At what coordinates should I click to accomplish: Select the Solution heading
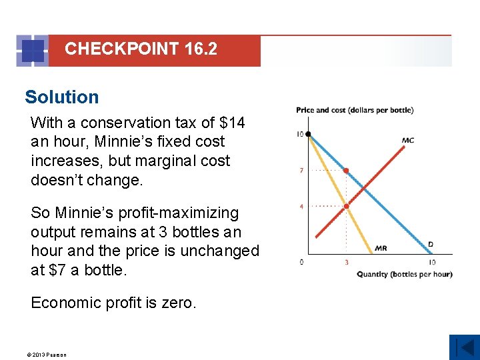pos(61,97)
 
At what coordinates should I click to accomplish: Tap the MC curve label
pos(408,140)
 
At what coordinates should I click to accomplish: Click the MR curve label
pos(381,248)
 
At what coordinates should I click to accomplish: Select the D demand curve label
pos(431,245)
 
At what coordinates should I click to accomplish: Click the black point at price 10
pos(308,134)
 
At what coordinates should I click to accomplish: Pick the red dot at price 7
pos(346,171)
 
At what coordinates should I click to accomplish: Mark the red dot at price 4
pos(346,207)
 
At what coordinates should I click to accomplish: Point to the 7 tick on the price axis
pos(301,171)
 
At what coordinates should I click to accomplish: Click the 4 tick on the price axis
pos(301,207)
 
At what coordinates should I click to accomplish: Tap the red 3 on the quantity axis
pos(346,262)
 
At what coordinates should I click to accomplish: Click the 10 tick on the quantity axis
pos(432,262)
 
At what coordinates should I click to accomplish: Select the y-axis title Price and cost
pos(355,110)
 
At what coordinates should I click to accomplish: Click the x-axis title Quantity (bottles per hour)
pos(405,274)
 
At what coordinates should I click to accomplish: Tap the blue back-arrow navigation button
pos(464,347)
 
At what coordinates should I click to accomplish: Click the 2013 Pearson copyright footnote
pos(47,355)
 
